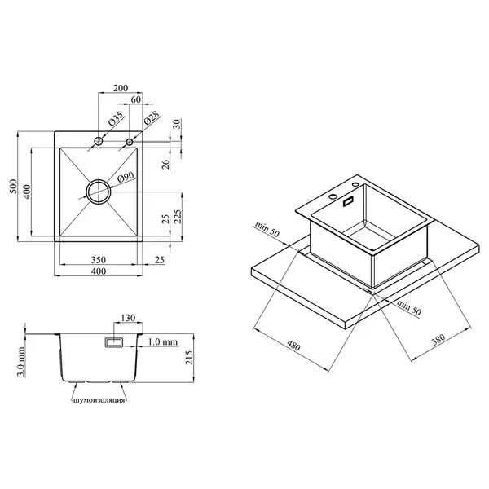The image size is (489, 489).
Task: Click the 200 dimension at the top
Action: [x=121, y=88]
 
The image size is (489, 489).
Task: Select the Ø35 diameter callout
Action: [x=116, y=119]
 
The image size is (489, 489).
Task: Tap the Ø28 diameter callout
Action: [x=152, y=118]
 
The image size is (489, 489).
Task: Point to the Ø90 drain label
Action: [x=126, y=178]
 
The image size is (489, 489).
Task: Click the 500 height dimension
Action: [x=13, y=186]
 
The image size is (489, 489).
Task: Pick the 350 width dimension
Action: [x=99, y=260]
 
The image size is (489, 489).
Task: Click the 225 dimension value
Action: [x=178, y=217]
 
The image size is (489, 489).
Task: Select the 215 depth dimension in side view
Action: [x=189, y=358]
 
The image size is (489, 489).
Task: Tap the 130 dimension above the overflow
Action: [x=128, y=318]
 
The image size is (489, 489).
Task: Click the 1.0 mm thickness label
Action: [x=162, y=342]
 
